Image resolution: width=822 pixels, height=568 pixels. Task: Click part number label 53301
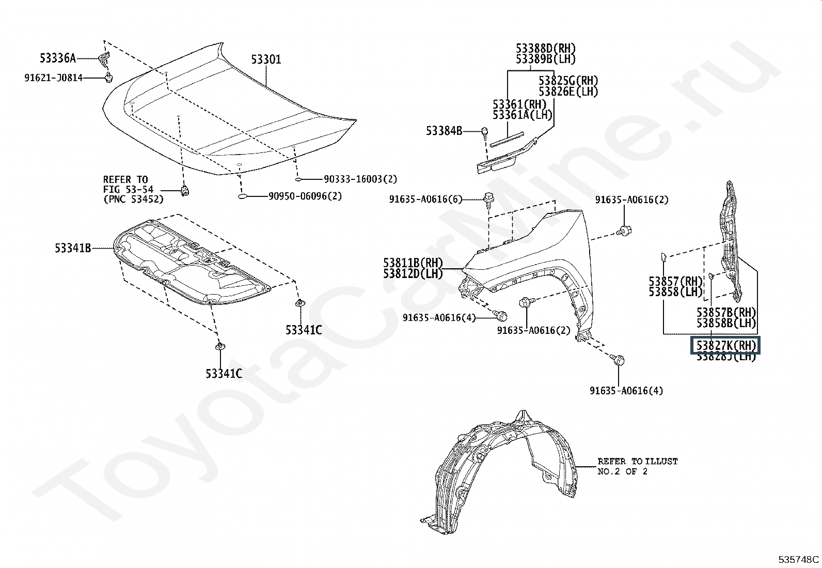point(266,60)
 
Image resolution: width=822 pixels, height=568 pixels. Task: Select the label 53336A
point(58,57)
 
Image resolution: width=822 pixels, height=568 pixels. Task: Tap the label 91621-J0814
point(53,78)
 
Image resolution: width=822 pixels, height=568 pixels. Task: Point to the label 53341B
point(73,249)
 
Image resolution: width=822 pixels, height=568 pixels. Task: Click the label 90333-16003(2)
point(360,179)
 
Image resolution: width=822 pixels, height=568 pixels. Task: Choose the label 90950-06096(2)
point(305,196)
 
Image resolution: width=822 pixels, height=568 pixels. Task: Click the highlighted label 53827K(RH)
point(726,345)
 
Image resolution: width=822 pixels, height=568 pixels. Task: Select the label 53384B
point(444,131)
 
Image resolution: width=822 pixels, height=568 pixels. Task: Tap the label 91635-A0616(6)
point(426,199)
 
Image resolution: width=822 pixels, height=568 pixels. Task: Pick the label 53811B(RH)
point(413,263)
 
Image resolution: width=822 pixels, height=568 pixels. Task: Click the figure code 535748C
point(799,559)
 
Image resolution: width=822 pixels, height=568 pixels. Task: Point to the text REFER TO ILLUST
point(637,461)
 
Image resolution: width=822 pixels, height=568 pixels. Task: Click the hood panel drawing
point(227,114)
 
